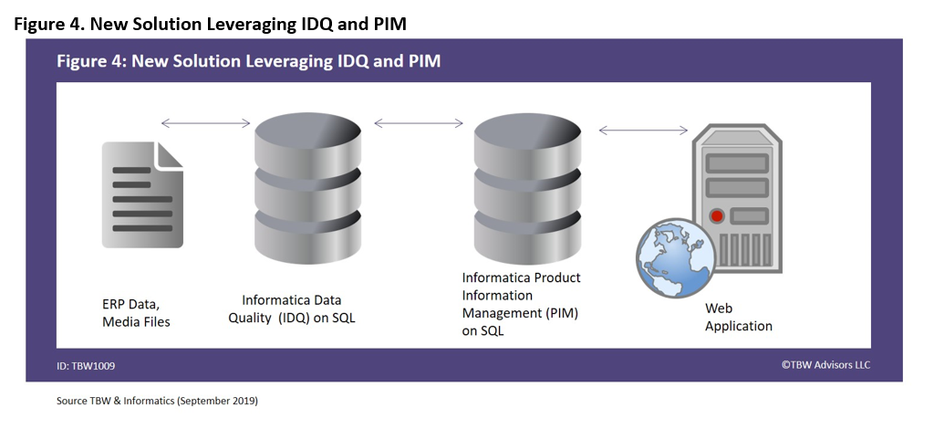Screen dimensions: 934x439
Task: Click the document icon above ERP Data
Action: [142, 194]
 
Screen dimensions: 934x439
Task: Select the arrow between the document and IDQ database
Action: [205, 123]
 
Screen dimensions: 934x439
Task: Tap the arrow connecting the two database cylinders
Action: [418, 123]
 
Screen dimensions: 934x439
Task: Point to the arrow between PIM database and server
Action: [643, 131]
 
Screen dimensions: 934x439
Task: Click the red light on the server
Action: [717, 215]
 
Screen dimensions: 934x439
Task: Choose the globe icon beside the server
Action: [676, 258]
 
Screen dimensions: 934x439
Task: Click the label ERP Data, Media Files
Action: [137, 313]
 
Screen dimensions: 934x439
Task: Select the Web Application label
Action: [739, 317]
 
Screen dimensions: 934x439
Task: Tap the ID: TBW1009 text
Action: [86, 366]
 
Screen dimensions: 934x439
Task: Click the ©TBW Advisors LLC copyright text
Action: [825, 364]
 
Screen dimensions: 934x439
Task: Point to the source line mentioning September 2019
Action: [157, 401]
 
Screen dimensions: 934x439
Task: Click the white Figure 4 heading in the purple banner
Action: [248, 61]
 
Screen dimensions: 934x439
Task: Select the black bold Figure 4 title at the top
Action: [211, 24]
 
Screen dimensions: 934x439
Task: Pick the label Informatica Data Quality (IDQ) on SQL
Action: [292, 308]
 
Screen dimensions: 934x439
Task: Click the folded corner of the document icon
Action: [169, 155]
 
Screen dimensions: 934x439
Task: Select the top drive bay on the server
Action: [737, 163]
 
